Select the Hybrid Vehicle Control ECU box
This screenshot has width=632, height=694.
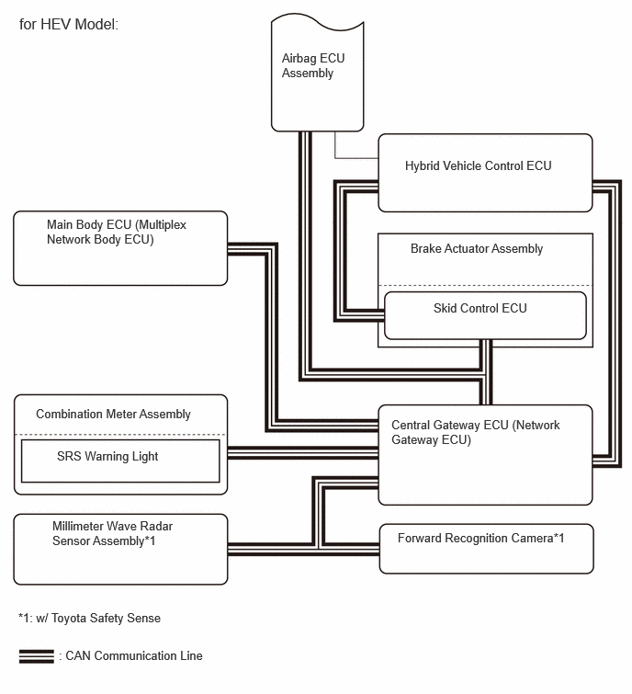(x=485, y=173)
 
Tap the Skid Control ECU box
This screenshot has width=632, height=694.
(x=485, y=315)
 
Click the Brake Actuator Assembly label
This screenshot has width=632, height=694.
(x=477, y=249)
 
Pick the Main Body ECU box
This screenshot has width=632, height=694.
(x=120, y=248)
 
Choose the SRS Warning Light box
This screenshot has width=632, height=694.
(x=120, y=461)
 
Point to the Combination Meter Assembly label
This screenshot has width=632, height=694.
(x=113, y=415)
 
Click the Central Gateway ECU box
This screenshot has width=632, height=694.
(x=485, y=455)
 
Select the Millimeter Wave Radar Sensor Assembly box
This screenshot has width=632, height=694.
(x=120, y=550)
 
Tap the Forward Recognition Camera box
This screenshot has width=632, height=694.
(x=486, y=549)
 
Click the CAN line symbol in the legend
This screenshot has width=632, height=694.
(x=36, y=656)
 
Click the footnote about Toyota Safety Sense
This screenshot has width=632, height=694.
(x=89, y=618)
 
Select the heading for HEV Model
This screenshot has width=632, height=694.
(x=69, y=24)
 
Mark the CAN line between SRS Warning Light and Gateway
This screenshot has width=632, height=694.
(x=303, y=453)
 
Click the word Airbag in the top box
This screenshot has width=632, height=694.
(x=299, y=59)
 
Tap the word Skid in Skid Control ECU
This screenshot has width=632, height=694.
(x=444, y=308)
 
